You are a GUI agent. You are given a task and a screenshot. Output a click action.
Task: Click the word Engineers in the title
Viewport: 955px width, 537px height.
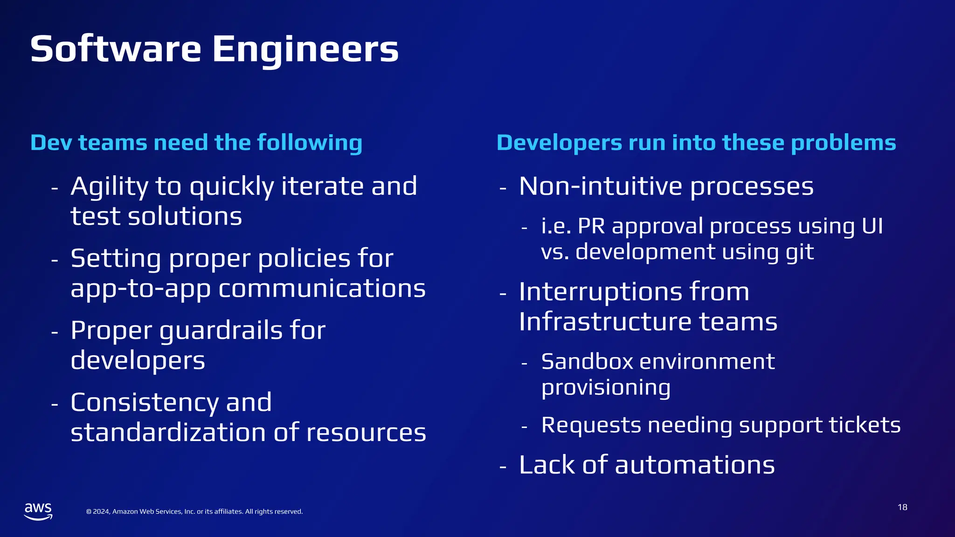click(305, 49)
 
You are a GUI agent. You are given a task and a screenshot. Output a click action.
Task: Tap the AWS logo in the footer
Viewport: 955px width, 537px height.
click(38, 511)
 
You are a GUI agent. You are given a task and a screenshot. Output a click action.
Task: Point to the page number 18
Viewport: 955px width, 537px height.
click(902, 507)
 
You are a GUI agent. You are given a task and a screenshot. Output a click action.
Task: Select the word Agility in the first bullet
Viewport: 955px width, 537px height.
click(109, 186)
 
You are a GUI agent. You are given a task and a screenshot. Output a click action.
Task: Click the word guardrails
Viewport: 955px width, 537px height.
click(221, 331)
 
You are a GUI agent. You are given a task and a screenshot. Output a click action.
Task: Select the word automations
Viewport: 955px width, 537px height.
click(694, 465)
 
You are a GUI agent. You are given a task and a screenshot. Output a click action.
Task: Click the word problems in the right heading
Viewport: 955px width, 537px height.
click(844, 143)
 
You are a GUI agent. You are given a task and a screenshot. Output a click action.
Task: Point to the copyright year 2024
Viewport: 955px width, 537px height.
click(101, 512)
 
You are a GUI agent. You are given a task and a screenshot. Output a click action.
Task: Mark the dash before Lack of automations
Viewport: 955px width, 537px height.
click(503, 466)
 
